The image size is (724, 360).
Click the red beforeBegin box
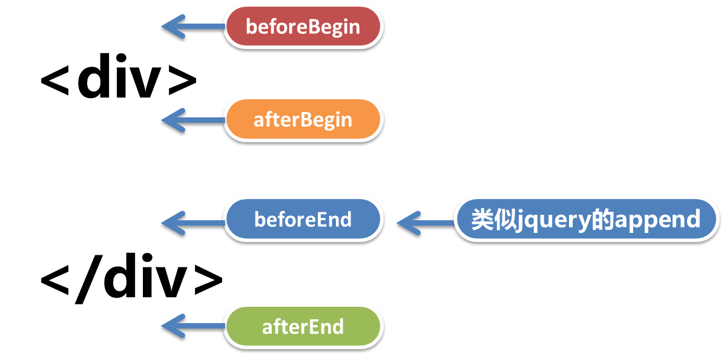coord(303,26)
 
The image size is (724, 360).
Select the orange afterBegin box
coord(303,119)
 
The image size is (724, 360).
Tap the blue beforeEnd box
coord(303,219)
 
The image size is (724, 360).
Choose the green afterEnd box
coord(303,327)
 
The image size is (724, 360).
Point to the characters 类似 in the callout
coord(494,219)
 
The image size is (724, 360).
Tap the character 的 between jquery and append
coord(603,219)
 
